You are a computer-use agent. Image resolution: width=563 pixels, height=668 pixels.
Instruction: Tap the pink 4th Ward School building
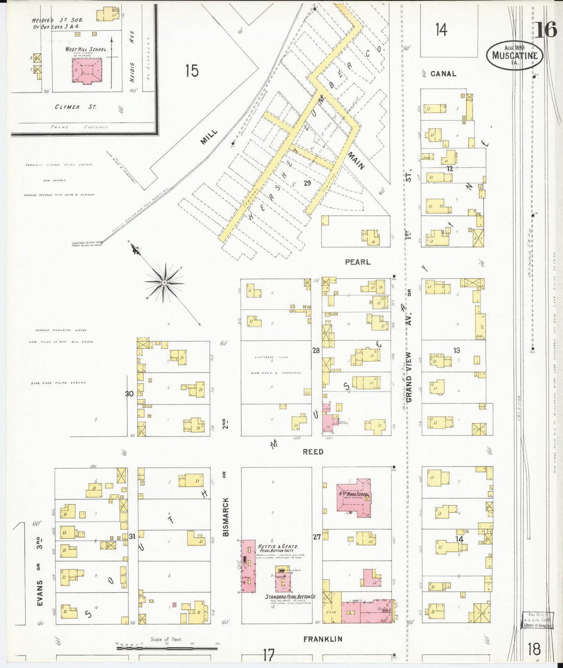353,497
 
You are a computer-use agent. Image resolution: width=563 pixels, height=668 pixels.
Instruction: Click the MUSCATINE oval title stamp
515,55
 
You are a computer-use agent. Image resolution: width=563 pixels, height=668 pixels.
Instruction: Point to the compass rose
164,282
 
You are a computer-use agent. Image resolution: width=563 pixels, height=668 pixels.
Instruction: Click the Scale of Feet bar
167,649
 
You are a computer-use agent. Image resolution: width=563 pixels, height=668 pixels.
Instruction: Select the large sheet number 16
545,30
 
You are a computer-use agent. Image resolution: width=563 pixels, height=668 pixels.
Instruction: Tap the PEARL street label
357,262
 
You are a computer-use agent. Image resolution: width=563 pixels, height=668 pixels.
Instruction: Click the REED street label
313,452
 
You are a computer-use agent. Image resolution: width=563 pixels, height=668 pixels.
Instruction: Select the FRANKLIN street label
323,639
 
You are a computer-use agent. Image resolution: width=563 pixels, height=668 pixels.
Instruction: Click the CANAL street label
443,74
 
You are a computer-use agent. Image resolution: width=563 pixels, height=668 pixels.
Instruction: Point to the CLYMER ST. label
75,107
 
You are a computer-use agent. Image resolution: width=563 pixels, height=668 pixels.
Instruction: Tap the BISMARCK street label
226,516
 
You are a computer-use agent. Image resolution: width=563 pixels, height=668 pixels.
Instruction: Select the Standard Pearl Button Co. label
290,597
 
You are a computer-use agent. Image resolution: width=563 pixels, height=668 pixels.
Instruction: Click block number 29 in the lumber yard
307,182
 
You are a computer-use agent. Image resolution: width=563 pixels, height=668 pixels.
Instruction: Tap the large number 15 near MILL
191,71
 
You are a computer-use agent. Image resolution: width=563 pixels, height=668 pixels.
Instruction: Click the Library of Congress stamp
537,620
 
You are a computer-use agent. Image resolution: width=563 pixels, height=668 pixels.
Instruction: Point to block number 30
129,394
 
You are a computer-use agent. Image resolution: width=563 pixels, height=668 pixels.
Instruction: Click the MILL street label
209,137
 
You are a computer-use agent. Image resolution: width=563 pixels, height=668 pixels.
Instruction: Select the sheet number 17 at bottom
268,655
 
